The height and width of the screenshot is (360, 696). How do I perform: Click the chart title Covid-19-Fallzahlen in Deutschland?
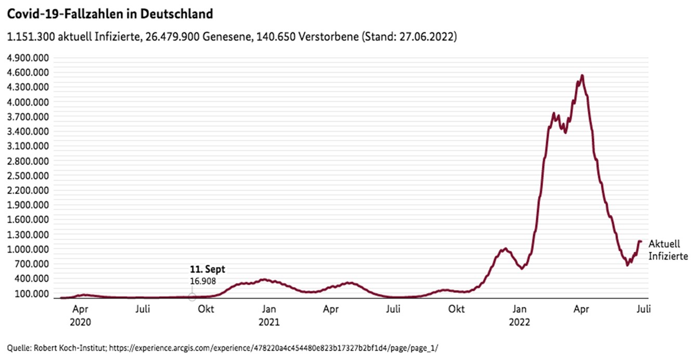pos(109,14)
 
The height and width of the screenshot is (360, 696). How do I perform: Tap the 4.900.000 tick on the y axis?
pos(30,57)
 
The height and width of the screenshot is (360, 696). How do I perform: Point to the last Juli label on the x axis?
pos(643,309)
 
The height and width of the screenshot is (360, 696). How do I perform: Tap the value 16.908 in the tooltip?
pos(203,281)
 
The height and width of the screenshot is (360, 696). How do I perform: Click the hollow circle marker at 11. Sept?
pos(192,297)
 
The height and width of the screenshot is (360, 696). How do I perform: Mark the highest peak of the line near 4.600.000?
pos(582,75)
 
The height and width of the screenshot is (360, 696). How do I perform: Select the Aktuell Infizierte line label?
pos(668,250)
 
